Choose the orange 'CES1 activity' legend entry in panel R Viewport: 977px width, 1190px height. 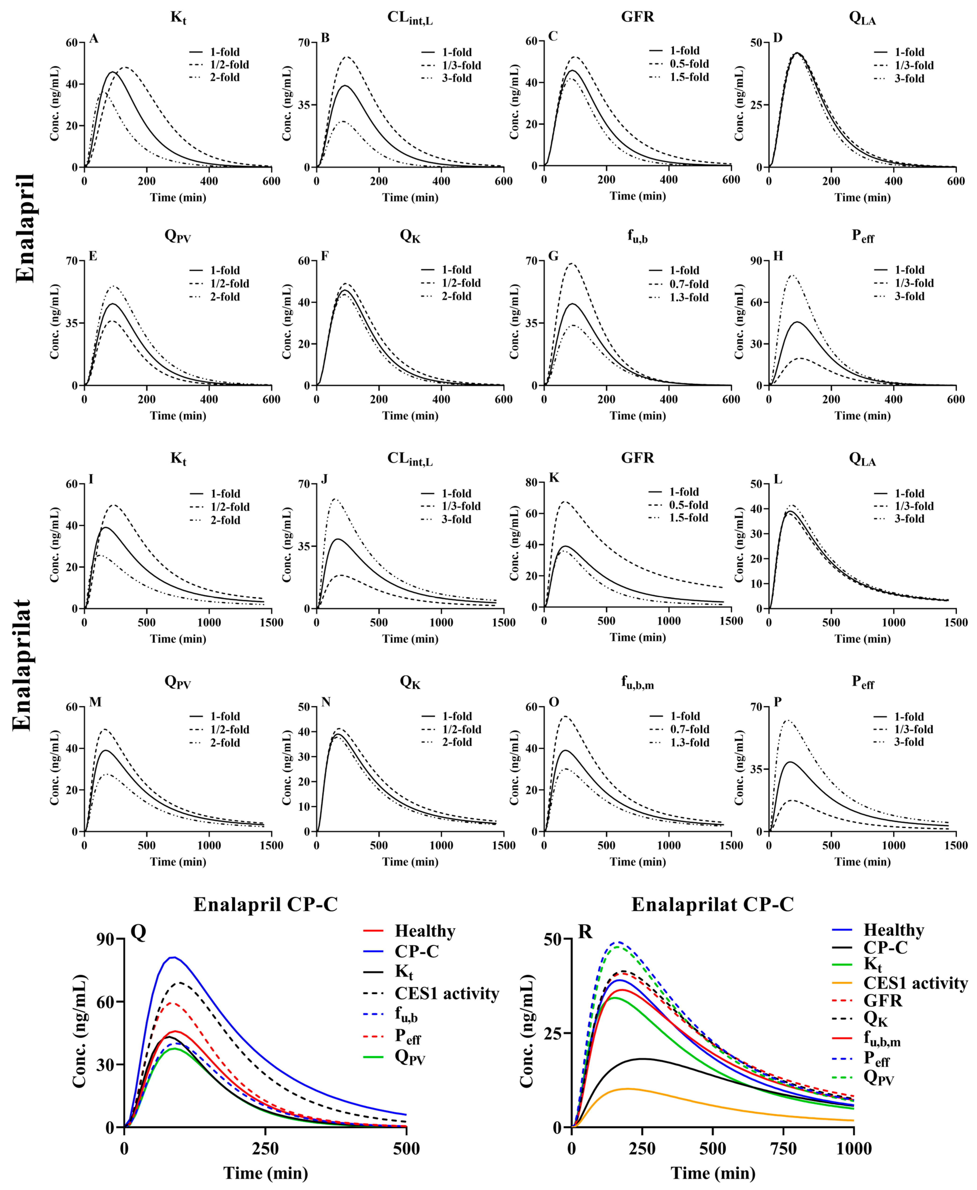tap(915, 983)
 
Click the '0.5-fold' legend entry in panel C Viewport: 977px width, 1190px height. tap(689, 63)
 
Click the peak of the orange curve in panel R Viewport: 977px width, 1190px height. tap(628, 1089)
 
